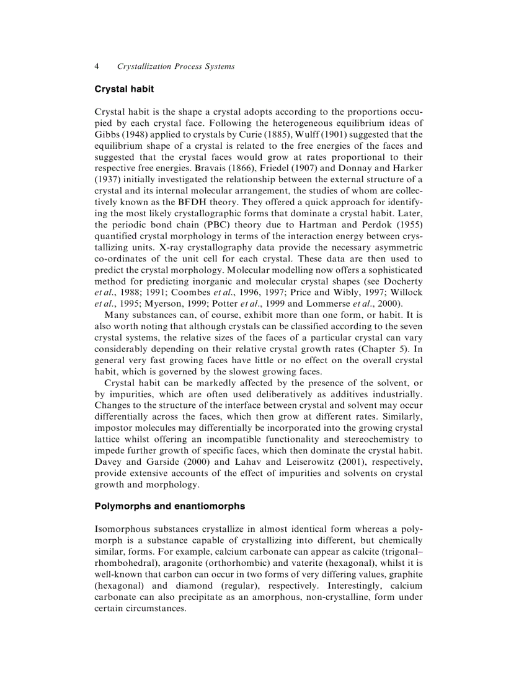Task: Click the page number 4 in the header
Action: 97,66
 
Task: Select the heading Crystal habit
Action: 124,89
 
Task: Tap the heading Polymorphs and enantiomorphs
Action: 169,506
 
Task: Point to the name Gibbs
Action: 107,134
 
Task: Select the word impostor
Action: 115,428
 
